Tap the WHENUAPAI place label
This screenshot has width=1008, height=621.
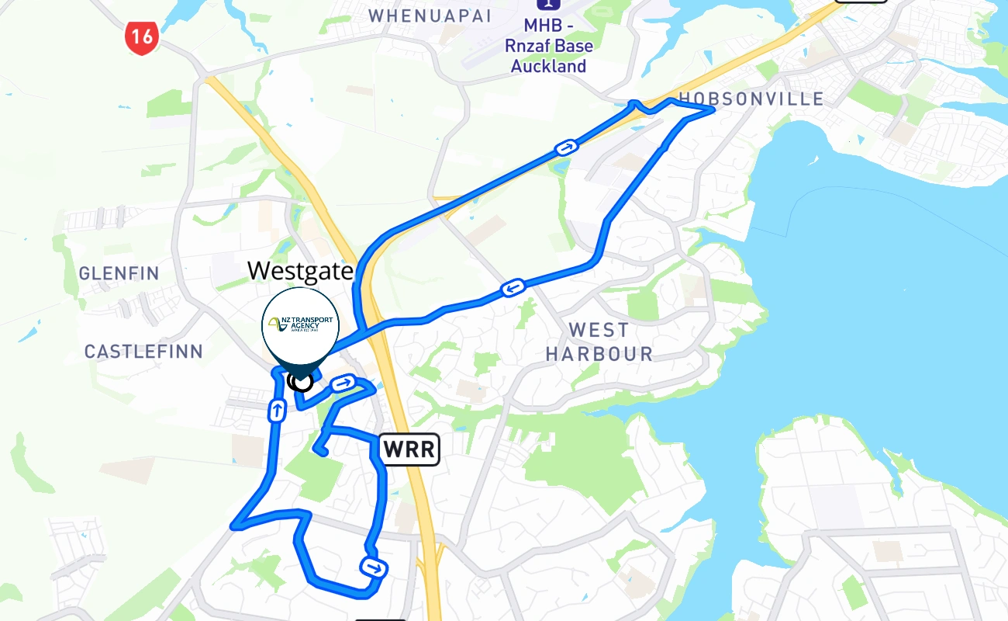430,16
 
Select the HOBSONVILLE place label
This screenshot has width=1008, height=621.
751,99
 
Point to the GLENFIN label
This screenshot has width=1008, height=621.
119,273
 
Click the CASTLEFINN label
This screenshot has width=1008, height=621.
143,352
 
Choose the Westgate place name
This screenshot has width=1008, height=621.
301,271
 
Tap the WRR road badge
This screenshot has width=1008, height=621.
409,449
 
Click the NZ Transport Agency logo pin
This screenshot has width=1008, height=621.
301,326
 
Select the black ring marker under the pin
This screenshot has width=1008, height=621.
300,380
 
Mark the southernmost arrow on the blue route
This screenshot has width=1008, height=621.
374,567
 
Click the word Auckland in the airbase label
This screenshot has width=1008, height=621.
548,67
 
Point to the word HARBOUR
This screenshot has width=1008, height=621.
599,354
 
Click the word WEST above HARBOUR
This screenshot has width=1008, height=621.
599,330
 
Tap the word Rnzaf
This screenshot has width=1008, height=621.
531,46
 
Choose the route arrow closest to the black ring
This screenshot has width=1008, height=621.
343,383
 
